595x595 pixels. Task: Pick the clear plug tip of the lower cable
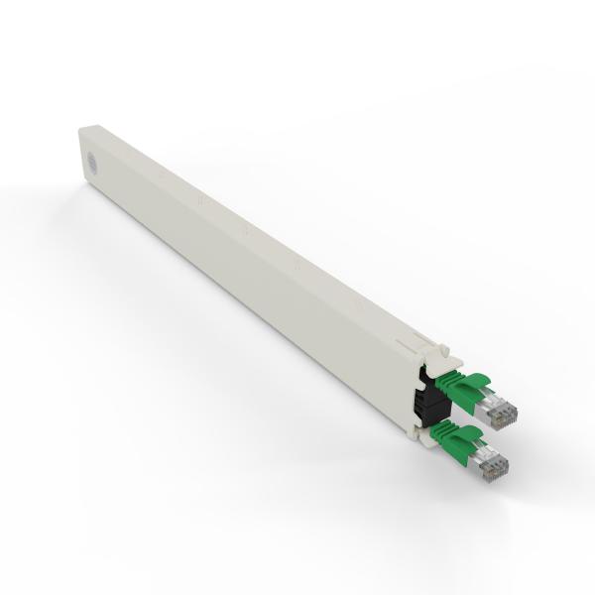tap(496, 463)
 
